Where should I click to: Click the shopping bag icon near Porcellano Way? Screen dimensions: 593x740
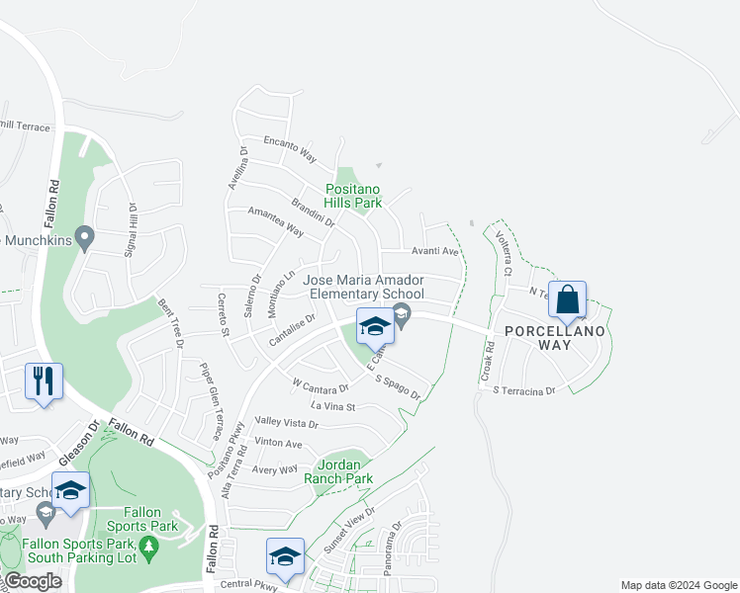pos(568,299)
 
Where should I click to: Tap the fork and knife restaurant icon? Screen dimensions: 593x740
pos(43,381)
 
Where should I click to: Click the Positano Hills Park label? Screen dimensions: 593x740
pos(354,196)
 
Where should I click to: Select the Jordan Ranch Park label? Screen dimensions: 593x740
pos(344,471)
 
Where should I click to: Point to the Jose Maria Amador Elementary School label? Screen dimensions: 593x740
pos(366,288)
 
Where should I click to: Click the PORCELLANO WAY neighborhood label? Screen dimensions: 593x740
pos(553,338)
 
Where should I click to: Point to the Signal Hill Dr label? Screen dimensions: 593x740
pos(129,229)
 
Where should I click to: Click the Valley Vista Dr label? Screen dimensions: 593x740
pos(286,423)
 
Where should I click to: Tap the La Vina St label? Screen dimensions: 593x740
pos(332,406)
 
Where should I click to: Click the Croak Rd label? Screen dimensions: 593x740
pos(488,363)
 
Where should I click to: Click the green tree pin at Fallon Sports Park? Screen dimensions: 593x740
pos(149,547)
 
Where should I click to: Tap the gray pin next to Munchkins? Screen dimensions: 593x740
pos(85,237)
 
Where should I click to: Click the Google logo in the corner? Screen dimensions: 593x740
pos(33,581)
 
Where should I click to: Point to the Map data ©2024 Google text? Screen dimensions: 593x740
pos(679,585)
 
